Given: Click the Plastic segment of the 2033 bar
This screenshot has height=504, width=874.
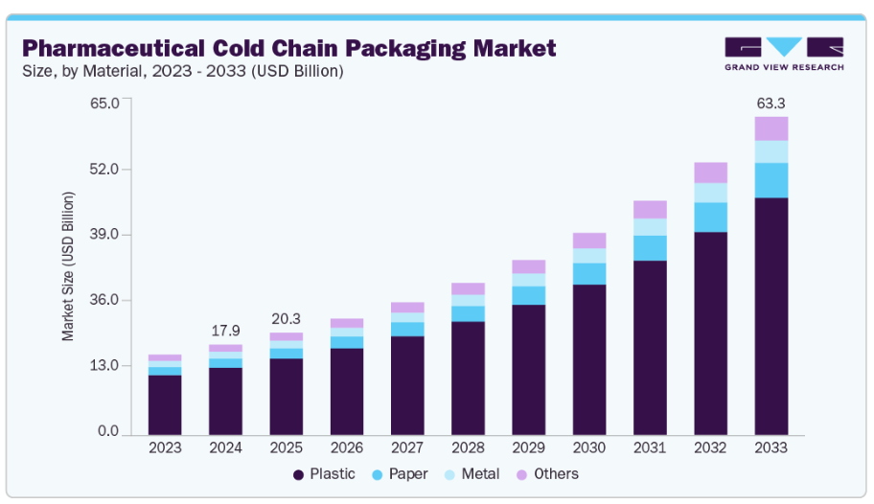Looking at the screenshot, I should (770, 315).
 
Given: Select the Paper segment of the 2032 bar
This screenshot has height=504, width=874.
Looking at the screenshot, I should (710, 218).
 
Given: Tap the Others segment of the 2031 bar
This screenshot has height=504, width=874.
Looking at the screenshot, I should (650, 210).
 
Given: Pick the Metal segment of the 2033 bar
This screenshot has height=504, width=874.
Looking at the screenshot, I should (770, 151).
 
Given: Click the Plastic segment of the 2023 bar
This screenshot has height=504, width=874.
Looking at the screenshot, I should (165, 403).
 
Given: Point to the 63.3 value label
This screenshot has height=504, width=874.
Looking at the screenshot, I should (770, 103).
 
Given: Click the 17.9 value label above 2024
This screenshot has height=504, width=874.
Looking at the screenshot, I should (225, 331).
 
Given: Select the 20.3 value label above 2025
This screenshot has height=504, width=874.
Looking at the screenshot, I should (286, 319).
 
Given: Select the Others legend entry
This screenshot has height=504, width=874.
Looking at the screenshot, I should (546, 474).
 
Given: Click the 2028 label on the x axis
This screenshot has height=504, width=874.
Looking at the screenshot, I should (468, 447).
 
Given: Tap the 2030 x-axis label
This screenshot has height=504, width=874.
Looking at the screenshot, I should (588, 447).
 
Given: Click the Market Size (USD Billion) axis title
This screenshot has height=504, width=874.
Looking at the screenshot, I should (68, 266).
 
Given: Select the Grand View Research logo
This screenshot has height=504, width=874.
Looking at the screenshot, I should (784, 54).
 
